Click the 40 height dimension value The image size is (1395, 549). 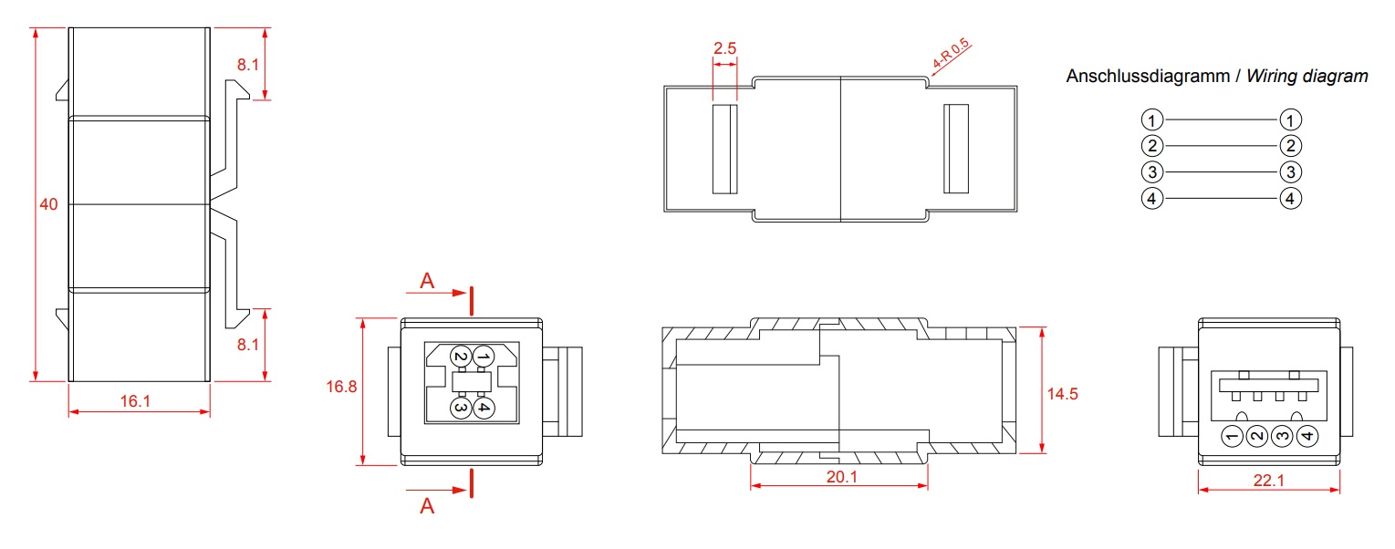click(x=48, y=204)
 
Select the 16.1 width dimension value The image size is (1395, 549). click(x=135, y=401)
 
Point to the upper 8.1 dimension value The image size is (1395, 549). click(x=248, y=64)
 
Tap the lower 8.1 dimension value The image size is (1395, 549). click(x=248, y=344)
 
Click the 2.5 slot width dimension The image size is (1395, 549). click(x=725, y=48)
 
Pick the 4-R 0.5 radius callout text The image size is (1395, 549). click(x=951, y=54)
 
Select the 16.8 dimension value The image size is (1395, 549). click(x=341, y=387)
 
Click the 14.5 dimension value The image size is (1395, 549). click(x=1062, y=393)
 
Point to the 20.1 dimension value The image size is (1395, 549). click(x=842, y=477)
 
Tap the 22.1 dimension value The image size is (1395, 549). click(x=1269, y=480)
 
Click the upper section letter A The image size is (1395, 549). click(x=427, y=281)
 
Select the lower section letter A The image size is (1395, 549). click(x=427, y=505)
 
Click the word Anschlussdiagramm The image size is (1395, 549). click(x=1148, y=76)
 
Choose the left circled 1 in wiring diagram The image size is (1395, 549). click(x=1152, y=119)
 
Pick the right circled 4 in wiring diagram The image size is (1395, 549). click(x=1290, y=199)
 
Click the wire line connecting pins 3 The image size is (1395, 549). click(x=1222, y=171)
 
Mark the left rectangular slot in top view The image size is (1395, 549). click(x=725, y=149)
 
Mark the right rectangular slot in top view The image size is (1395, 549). click(x=956, y=149)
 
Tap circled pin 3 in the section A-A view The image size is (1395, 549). click(x=460, y=408)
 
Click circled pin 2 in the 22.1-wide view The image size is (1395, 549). click(x=1257, y=436)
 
